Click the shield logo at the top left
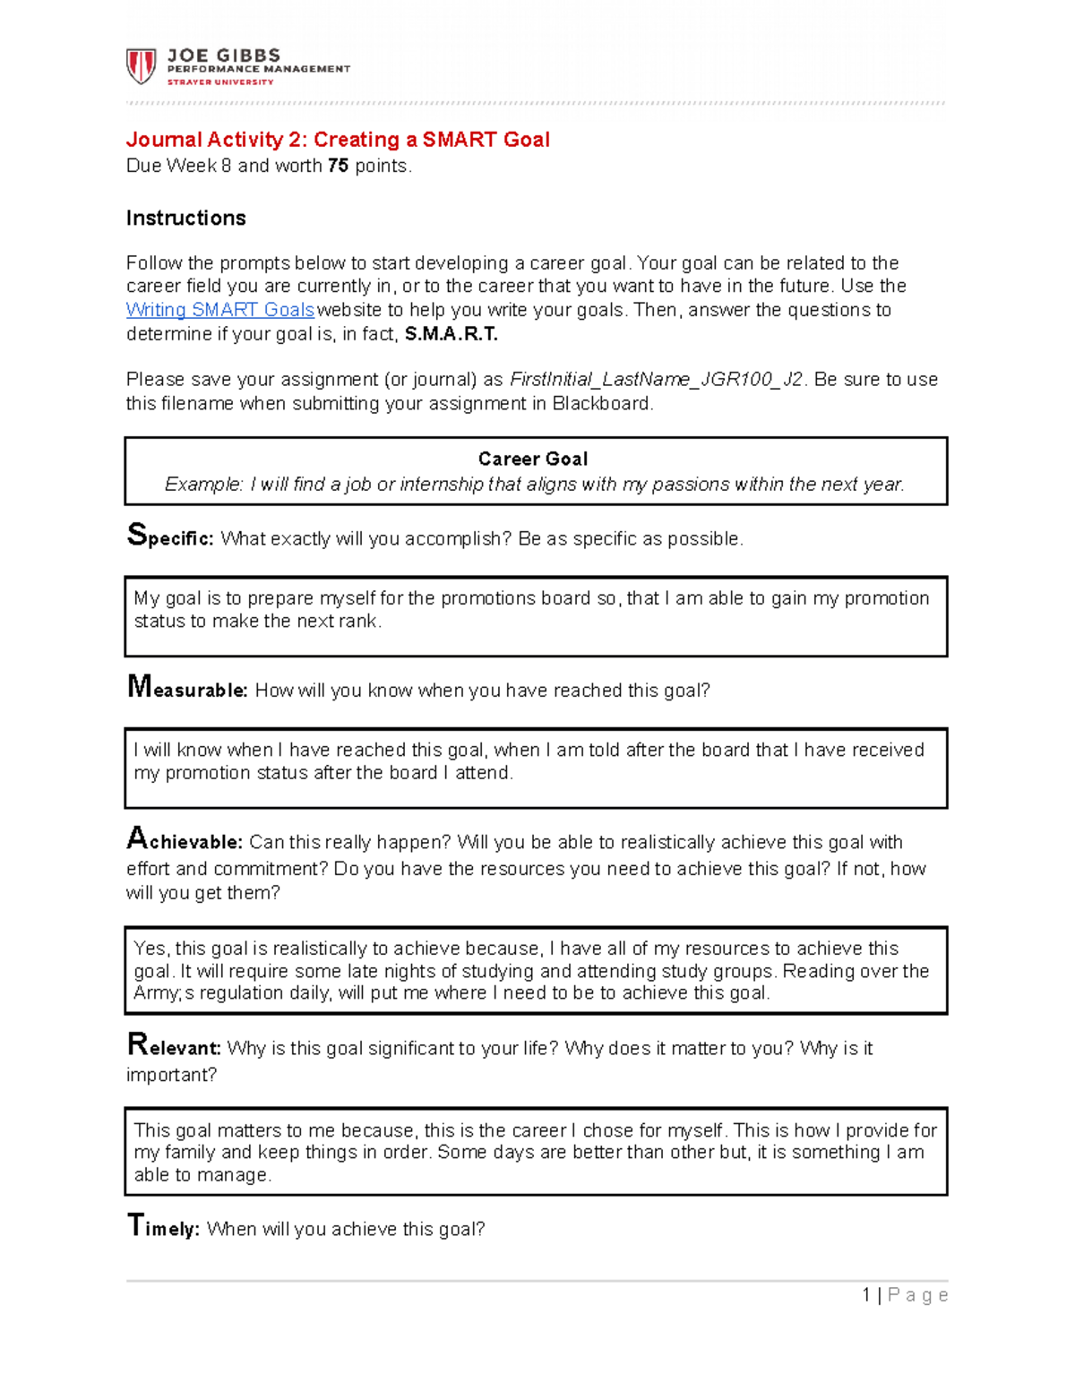pyautogui.click(x=141, y=66)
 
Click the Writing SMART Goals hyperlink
pyautogui.click(x=219, y=310)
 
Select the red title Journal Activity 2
pyautogui.click(x=337, y=140)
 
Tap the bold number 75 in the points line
pyautogui.click(x=338, y=166)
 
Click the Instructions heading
pyautogui.click(x=185, y=219)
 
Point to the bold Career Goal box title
pyautogui.click(x=533, y=459)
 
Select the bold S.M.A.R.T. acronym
pyautogui.click(x=451, y=334)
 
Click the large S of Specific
pyautogui.click(x=136, y=535)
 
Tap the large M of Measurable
pyautogui.click(x=139, y=687)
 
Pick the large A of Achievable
pyautogui.click(x=136, y=838)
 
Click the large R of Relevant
pyautogui.click(x=137, y=1044)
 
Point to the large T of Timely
pyautogui.click(x=134, y=1225)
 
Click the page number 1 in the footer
pyautogui.click(x=866, y=1295)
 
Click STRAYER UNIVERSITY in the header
pyautogui.click(x=220, y=82)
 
